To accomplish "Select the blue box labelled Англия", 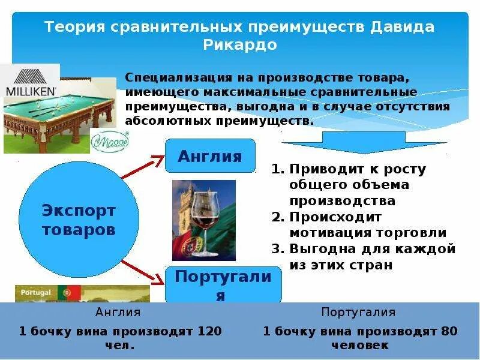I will pyautogui.click(x=210, y=157).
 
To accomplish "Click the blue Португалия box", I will pyautogui.click(x=223, y=284).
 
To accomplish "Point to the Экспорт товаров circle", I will pyautogui.click(x=79, y=220).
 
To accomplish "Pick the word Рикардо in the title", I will pyautogui.click(x=240, y=45).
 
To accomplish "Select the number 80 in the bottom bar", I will pyautogui.click(x=449, y=331).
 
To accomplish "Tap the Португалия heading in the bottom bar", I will pyautogui.click(x=358, y=313).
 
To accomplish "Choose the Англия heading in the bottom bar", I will pyautogui.click(x=118, y=313).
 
